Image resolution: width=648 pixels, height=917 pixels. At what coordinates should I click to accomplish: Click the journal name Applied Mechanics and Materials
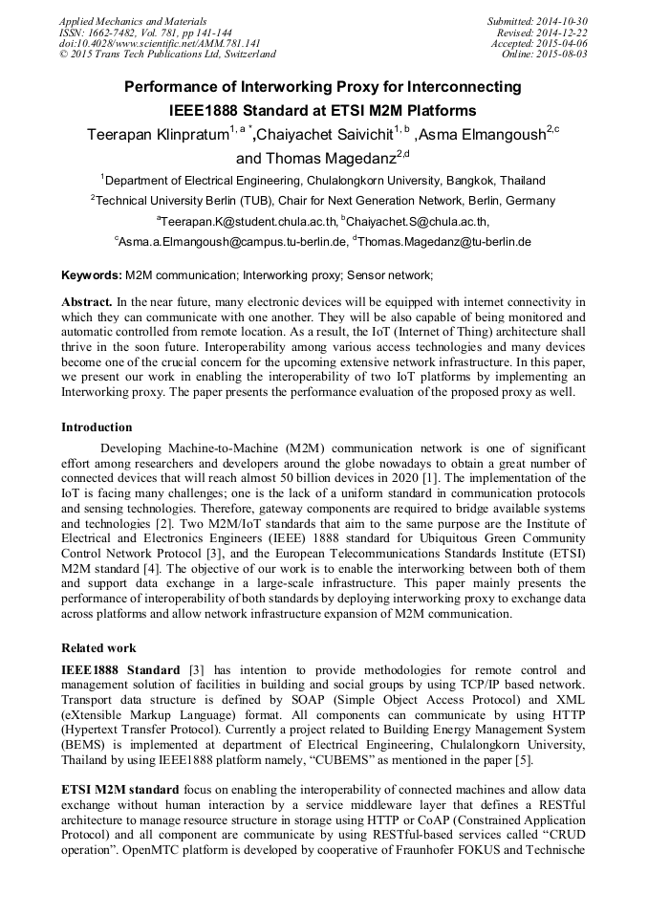(x=133, y=21)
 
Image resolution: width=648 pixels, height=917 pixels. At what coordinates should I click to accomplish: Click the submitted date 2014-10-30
(x=562, y=21)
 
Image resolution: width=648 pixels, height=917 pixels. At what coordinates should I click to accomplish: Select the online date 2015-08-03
(x=562, y=55)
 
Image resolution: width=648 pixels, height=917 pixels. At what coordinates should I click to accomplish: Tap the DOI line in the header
(x=160, y=43)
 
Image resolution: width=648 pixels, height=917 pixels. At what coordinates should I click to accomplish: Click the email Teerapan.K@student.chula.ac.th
(x=244, y=222)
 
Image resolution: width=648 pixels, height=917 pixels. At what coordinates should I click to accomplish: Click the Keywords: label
(x=92, y=275)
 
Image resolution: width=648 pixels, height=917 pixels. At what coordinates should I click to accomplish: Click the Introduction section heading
(x=97, y=427)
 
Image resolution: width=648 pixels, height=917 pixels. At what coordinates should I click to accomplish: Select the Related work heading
(x=98, y=648)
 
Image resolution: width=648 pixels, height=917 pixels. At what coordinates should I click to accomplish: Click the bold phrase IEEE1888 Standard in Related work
(x=120, y=670)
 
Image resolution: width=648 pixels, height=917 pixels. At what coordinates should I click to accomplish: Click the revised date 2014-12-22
(x=562, y=33)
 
